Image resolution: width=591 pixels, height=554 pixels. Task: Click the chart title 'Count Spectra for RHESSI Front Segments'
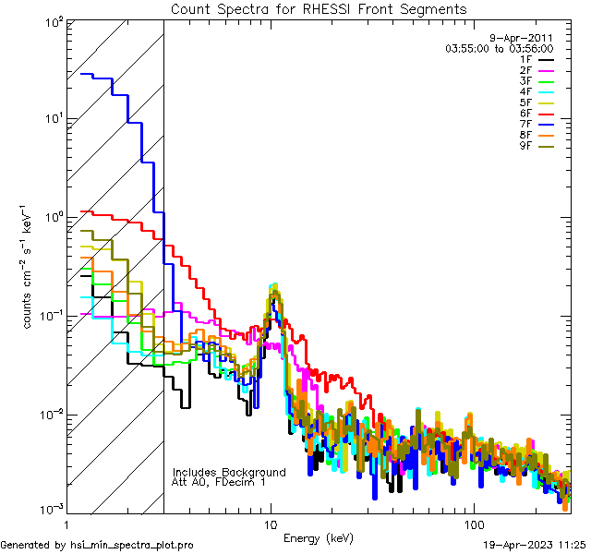[x=320, y=8]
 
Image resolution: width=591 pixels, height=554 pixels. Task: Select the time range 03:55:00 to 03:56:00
[x=499, y=48]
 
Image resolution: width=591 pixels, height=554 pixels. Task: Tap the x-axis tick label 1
[x=66, y=525]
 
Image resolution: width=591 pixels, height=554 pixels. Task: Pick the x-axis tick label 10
[x=270, y=525]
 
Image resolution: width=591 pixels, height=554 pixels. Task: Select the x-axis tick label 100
[x=474, y=525]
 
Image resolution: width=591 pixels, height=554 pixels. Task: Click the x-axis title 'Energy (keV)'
[x=319, y=537]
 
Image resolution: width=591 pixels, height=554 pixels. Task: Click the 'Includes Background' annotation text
[x=229, y=472]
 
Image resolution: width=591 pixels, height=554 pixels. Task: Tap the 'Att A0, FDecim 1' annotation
[x=219, y=482]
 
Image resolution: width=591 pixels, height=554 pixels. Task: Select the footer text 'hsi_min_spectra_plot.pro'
[x=132, y=545]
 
